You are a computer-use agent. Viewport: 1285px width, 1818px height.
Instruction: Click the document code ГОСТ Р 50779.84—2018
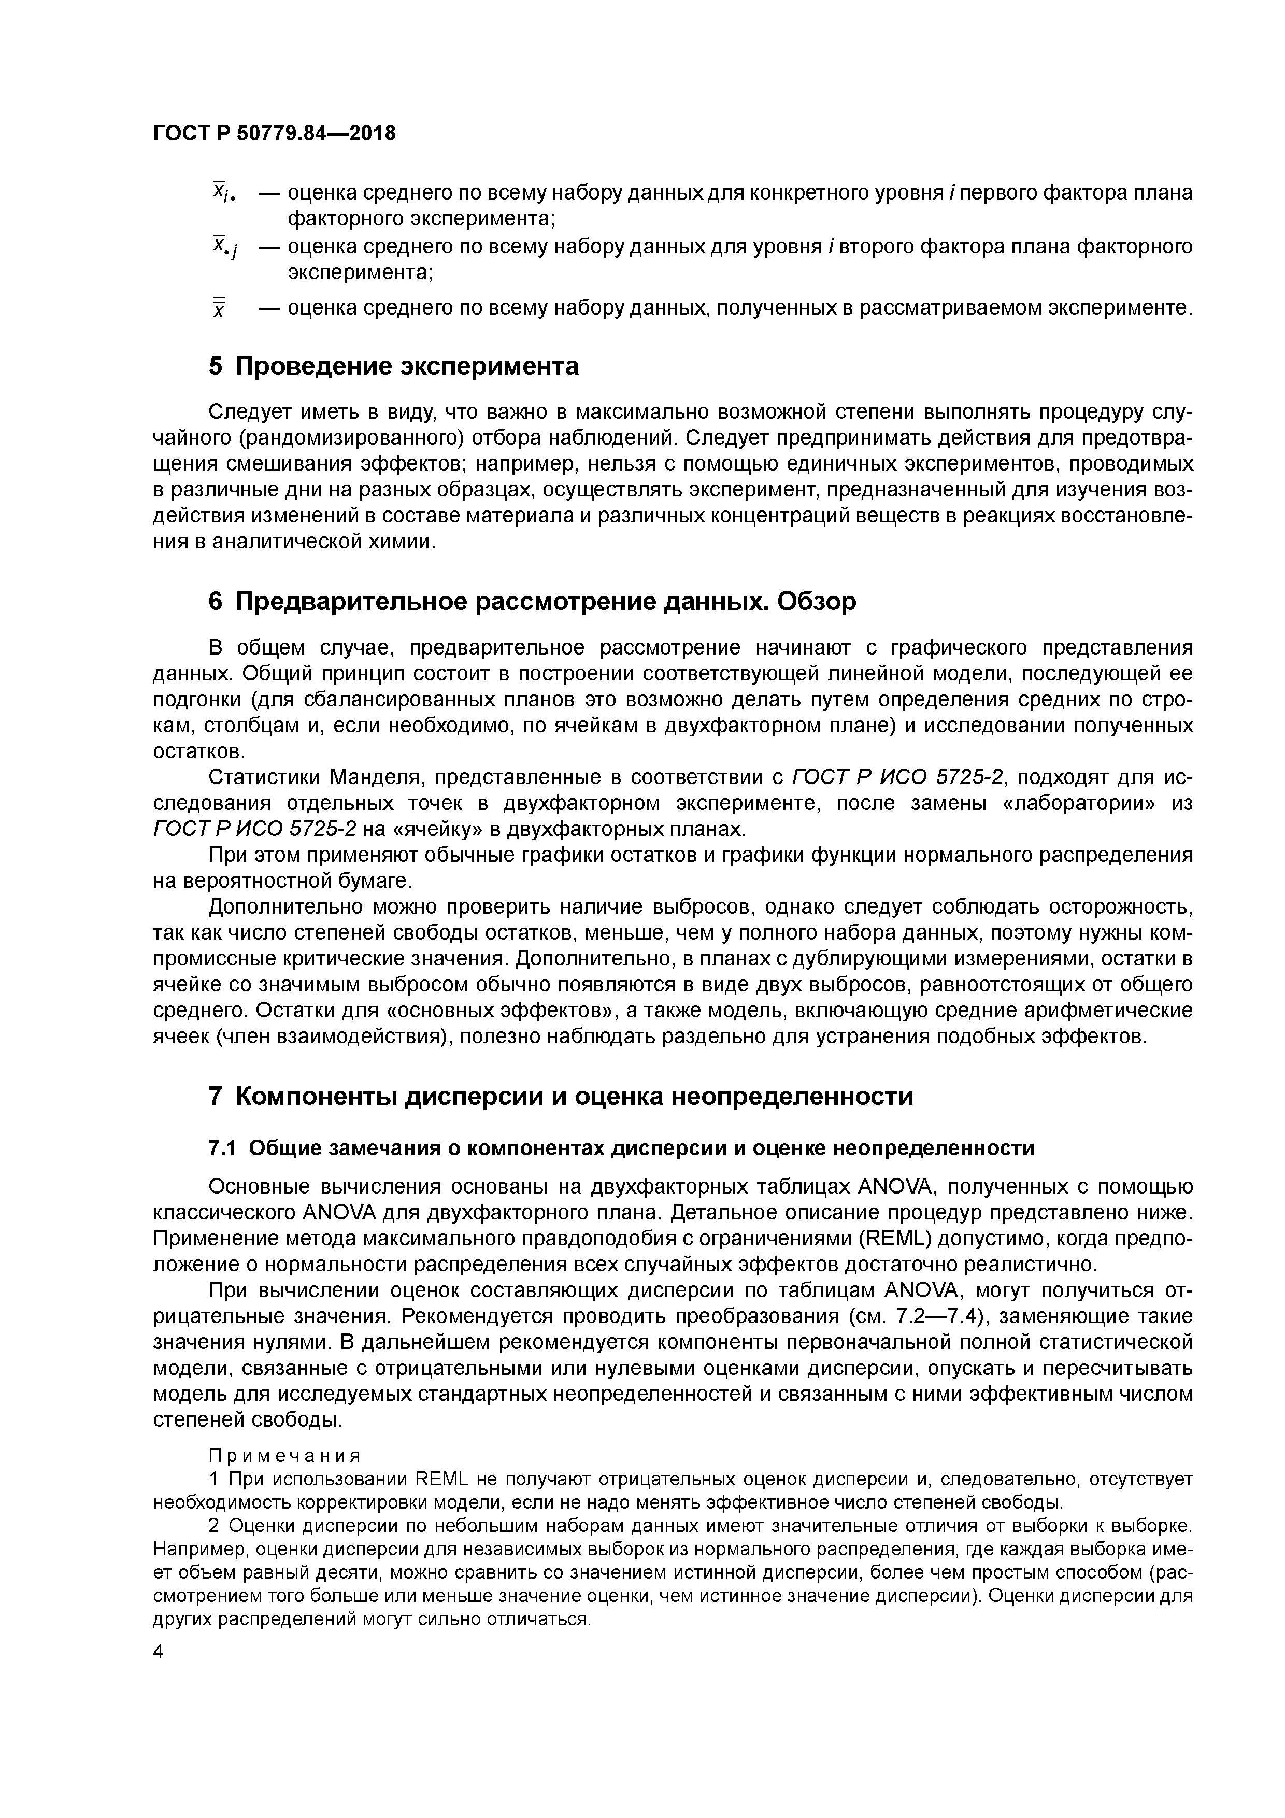(273, 134)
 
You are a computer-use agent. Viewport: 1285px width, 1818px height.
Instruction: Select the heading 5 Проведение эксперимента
(393, 366)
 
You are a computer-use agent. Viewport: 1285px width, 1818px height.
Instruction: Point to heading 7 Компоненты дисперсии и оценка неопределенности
(561, 1096)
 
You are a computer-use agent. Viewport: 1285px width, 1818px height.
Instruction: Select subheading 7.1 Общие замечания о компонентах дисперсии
(622, 1148)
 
